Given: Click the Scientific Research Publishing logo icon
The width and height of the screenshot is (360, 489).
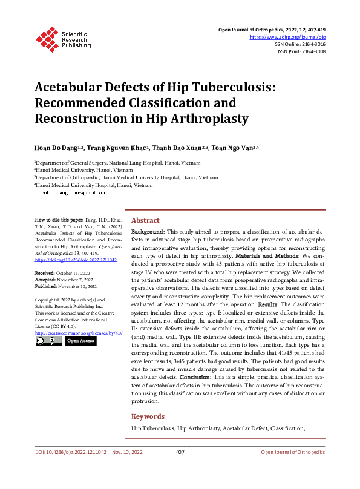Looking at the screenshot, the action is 47,37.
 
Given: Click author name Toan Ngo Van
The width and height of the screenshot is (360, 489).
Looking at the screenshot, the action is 235,148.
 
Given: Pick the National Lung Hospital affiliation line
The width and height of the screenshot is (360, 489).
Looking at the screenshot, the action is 100,163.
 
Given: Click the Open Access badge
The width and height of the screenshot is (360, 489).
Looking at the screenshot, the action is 80,341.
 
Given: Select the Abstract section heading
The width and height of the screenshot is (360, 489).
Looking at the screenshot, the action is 145,220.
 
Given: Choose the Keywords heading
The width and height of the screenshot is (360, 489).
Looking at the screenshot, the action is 148,416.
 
